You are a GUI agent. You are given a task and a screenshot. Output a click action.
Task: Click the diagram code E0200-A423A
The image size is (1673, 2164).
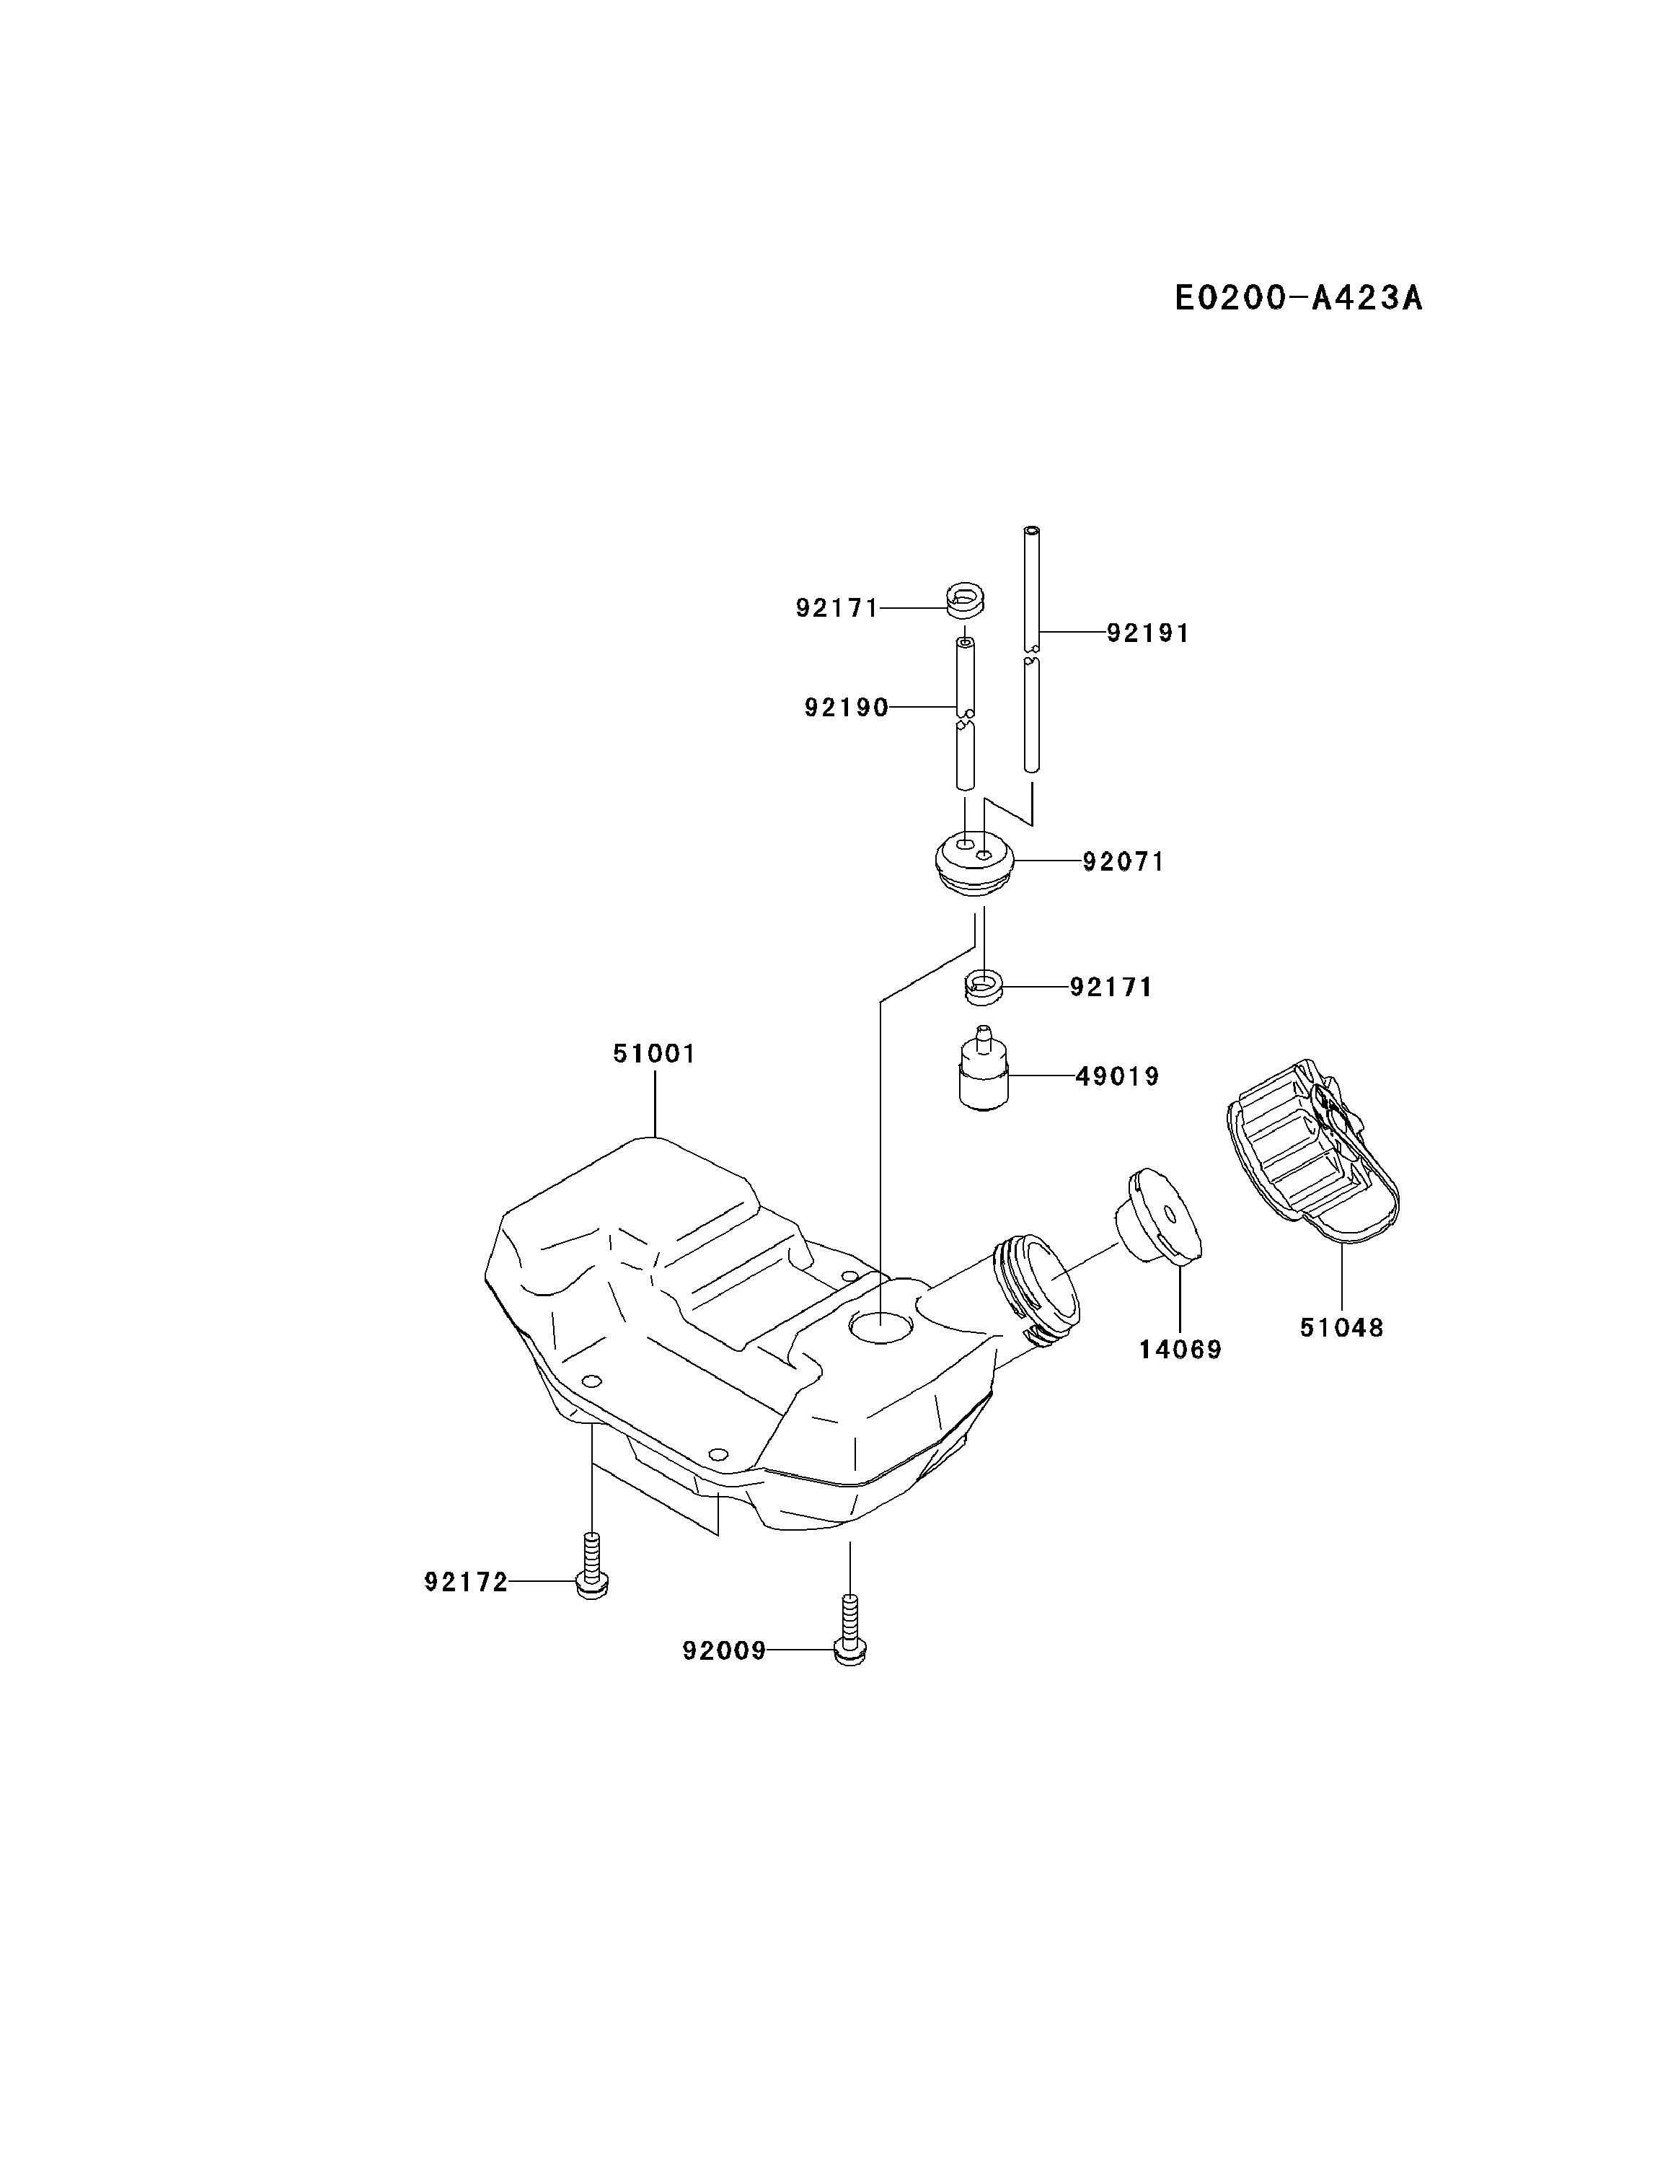(x=1297, y=297)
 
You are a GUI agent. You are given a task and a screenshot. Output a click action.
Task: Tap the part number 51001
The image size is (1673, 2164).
(x=654, y=1053)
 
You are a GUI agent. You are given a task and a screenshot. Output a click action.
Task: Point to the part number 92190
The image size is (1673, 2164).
(x=846, y=708)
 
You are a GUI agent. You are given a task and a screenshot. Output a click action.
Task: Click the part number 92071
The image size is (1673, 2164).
(x=1124, y=862)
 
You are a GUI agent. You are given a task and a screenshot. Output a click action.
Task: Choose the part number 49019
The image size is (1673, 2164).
(x=1117, y=1076)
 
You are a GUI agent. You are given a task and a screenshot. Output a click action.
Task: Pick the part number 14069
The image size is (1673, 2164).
(x=1180, y=1349)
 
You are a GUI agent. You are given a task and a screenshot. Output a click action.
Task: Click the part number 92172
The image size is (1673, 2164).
(x=466, y=1583)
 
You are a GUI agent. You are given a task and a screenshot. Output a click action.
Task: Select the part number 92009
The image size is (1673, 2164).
(x=724, y=1650)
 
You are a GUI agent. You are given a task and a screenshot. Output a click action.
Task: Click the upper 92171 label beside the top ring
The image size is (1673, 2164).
(x=837, y=607)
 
